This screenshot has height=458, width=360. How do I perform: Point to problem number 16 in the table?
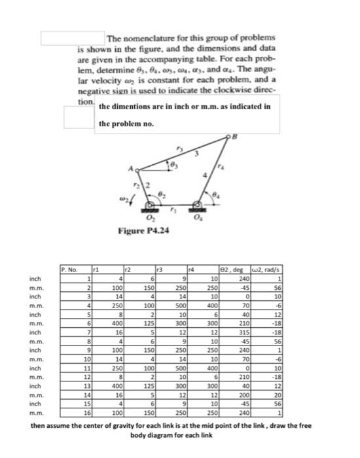coord(85,415)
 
